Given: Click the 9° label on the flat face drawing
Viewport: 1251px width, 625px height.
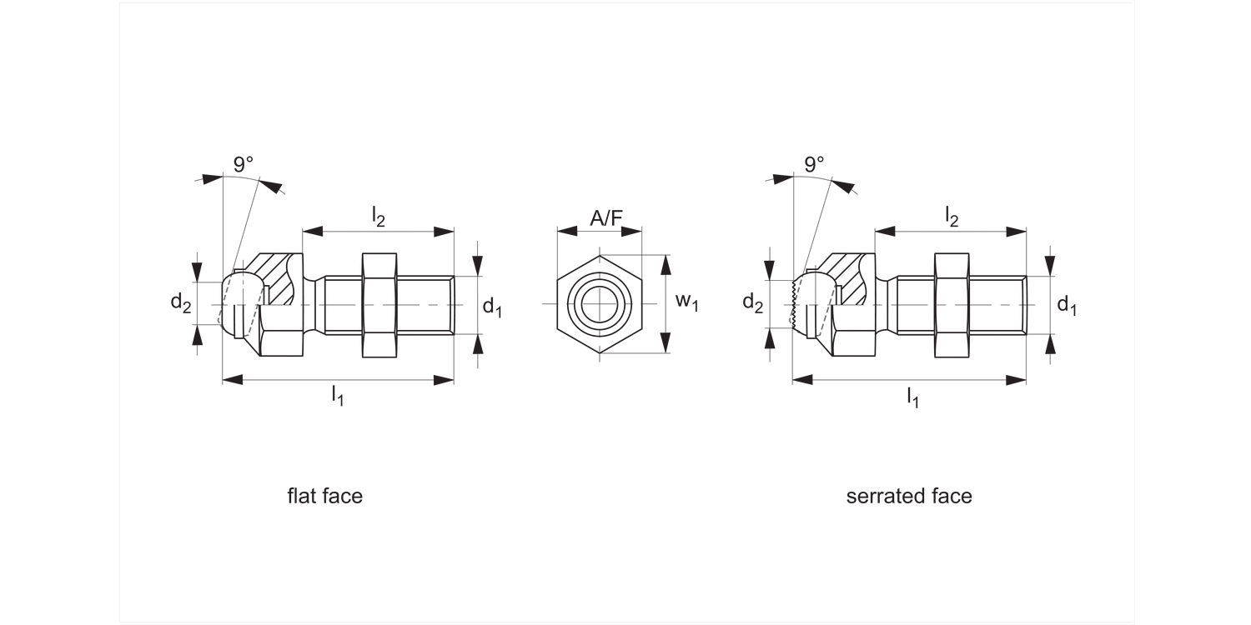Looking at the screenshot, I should coord(244,164).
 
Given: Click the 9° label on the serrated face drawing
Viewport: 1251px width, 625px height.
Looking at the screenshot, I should coord(814,164).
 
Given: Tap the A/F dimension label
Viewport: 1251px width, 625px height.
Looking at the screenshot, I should coord(606,218).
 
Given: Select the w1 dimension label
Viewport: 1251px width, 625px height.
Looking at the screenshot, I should coord(686,302).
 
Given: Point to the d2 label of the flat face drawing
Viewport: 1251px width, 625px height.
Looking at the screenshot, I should coord(181,303).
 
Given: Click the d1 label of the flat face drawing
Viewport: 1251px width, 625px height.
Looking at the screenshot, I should coord(492,306).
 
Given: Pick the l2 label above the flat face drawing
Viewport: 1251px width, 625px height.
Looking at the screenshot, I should coord(378,216).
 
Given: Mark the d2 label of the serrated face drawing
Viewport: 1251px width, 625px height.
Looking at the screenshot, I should coord(752,303).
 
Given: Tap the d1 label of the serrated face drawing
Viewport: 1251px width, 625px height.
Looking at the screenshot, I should coord(1067,306).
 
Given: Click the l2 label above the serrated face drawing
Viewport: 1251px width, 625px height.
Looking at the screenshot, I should coord(951,216).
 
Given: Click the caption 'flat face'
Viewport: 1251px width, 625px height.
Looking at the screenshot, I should coord(325,497).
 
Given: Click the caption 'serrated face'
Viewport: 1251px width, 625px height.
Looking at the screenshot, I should coord(909,497).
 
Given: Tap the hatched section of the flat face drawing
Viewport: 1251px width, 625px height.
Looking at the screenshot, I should coord(279,275).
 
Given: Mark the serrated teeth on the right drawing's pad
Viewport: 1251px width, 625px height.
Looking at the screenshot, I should coord(794,304).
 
